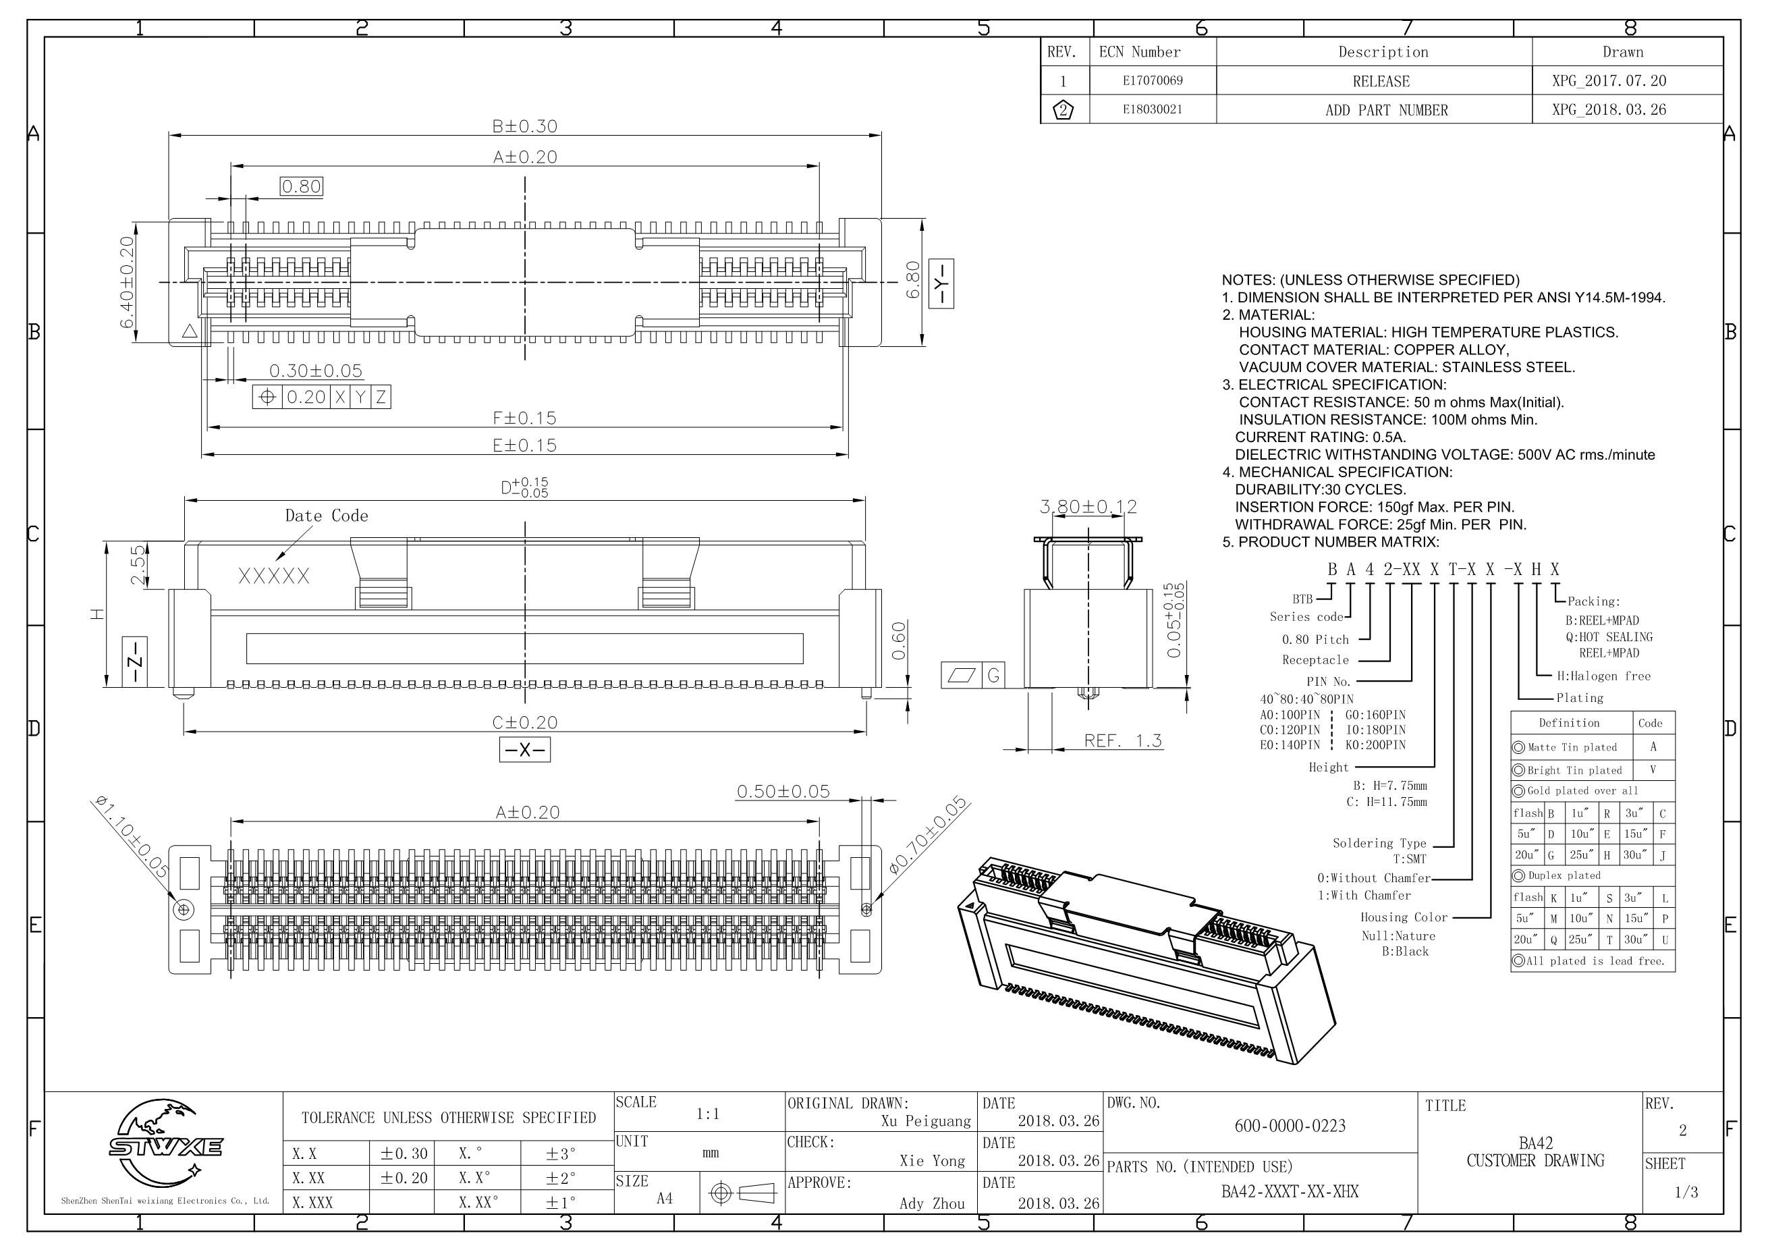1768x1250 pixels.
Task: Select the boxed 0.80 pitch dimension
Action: tap(301, 186)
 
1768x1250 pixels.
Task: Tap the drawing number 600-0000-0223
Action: tap(1290, 1126)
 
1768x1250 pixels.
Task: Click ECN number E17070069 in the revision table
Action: tap(1152, 81)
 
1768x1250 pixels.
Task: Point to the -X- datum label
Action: tap(524, 750)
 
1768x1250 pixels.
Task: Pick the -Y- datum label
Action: tap(940, 283)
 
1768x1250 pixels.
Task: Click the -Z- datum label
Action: tap(135, 661)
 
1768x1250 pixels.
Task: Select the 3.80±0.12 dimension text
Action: tap(1087, 507)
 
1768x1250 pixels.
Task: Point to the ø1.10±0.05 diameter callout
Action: tap(131, 838)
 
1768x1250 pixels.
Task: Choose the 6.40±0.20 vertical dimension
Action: tap(127, 282)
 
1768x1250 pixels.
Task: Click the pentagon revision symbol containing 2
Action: tap(1063, 110)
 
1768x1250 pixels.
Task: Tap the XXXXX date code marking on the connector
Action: tap(274, 576)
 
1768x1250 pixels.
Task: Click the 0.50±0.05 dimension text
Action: tap(783, 792)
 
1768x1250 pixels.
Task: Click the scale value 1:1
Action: tap(708, 1114)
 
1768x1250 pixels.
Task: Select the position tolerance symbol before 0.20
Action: tap(267, 398)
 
